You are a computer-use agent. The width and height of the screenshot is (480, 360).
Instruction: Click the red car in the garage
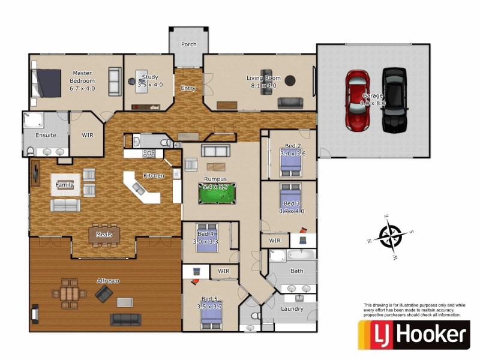(x=357, y=100)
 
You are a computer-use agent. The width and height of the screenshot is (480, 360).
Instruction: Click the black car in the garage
(x=394, y=100)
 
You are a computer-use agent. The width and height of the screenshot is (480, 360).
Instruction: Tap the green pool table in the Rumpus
(x=217, y=193)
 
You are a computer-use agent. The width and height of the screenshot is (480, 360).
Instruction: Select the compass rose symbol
(x=391, y=235)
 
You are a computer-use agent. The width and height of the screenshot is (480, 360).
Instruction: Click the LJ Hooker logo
(x=413, y=335)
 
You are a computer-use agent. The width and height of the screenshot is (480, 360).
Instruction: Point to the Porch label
(x=189, y=44)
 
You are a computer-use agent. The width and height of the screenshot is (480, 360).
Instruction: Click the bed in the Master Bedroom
(x=47, y=83)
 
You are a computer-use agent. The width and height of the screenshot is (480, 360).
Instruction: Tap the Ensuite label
(x=46, y=135)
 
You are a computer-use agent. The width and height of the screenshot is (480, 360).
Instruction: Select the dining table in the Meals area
(x=104, y=235)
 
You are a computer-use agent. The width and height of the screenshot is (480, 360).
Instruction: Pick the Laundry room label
(x=292, y=309)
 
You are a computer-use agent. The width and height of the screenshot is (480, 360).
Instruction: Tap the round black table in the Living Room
(x=290, y=80)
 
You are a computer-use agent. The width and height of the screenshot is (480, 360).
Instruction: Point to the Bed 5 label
(x=209, y=299)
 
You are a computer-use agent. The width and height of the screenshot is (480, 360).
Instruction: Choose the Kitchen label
(x=154, y=176)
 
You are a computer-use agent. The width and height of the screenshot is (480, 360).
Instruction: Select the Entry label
(x=188, y=89)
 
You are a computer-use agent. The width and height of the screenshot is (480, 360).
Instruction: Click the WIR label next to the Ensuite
(x=87, y=135)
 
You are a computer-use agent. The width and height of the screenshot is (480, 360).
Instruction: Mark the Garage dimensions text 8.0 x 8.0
(x=372, y=103)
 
